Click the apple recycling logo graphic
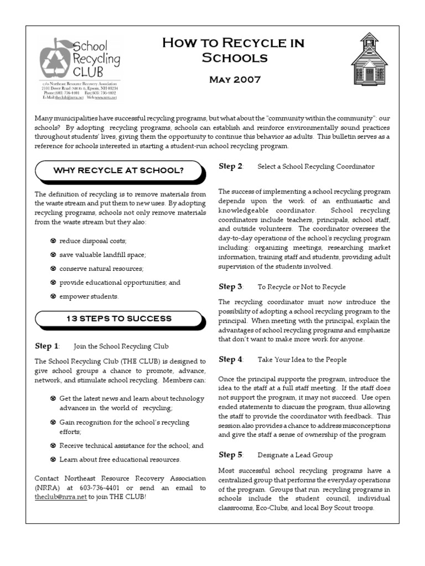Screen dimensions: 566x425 click(x=55, y=59)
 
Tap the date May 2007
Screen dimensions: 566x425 click(x=235, y=80)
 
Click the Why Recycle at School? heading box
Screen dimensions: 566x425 click(x=118, y=170)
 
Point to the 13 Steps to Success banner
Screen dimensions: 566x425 click(x=118, y=318)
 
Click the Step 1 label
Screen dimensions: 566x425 click(x=47, y=346)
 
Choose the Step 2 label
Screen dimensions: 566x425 click(x=231, y=166)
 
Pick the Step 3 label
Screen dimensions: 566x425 click(x=231, y=286)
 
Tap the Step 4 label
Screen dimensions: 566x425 click(x=231, y=359)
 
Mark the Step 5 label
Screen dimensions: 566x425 click(x=231, y=455)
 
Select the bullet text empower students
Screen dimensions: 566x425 click(x=89, y=296)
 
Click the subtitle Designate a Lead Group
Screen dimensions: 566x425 click(x=295, y=455)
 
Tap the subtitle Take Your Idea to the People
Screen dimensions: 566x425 click(x=302, y=360)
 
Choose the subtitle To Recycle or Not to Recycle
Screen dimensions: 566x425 click(x=302, y=287)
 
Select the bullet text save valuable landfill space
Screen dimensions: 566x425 click(x=102, y=255)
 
